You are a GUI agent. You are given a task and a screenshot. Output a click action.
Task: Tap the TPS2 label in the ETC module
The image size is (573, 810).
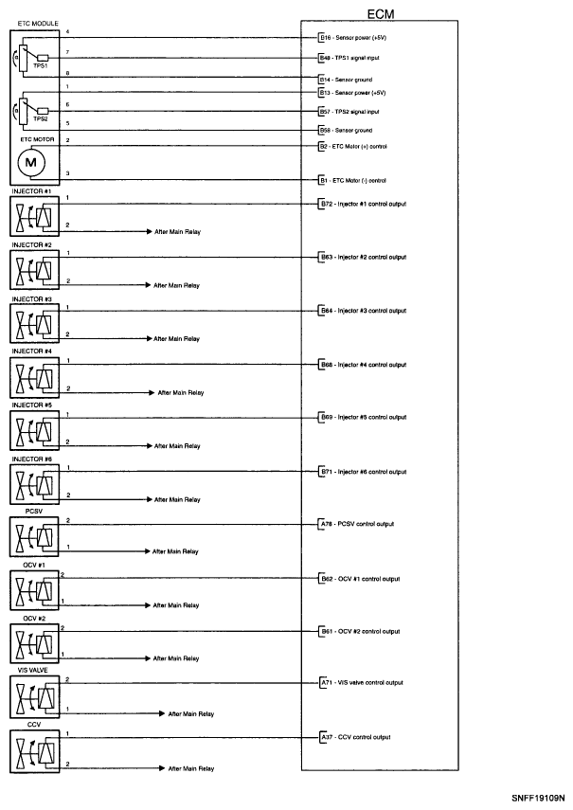click(41, 120)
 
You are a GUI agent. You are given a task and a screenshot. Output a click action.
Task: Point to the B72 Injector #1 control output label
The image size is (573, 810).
click(364, 204)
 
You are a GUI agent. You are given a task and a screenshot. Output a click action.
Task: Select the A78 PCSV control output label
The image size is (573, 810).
click(357, 524)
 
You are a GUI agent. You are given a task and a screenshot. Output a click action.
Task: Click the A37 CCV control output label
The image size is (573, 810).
click(355, 737)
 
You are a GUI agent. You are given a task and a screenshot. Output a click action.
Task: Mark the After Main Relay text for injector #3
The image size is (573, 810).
click(177, 338)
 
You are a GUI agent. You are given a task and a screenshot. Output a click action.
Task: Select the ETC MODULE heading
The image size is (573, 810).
click(31, 23)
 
